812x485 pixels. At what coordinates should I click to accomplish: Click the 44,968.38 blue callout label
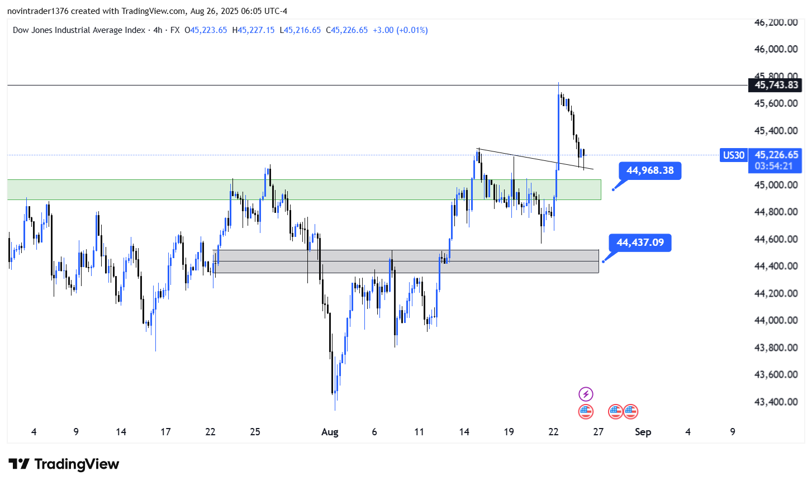click(x=650, y=170)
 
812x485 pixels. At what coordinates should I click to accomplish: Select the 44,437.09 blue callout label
click(x=640, y=242)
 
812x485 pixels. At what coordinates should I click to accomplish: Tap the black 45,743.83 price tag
click(x=776, y=85)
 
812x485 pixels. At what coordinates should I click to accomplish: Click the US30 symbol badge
click(x=733, y=155)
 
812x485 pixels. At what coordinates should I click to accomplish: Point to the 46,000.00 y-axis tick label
click(x=776, y=49)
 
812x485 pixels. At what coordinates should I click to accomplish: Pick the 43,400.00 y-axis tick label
click(x=776, y=402)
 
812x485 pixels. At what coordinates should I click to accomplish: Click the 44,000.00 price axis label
click(x=776, y=320)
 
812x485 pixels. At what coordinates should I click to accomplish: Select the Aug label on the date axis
click(x=330, y=432)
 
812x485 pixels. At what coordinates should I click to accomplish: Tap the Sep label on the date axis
click(x=643, y=432)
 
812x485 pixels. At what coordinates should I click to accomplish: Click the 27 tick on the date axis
click(x=598, y=432)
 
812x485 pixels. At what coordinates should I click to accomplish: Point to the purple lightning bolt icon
click(x=586, y=394)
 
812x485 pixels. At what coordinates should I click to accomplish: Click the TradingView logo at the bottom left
click(x=64, y=464)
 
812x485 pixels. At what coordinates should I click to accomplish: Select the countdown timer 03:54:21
click(x=773, y=166)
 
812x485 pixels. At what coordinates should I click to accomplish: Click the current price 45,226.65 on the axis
click(x=776, y=155)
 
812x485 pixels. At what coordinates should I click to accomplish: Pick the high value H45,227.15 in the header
click(x=253, y=30)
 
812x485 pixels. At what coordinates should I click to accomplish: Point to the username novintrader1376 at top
click(x=37, y=11)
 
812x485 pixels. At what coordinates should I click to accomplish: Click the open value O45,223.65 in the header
click(x=206, y=30)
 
